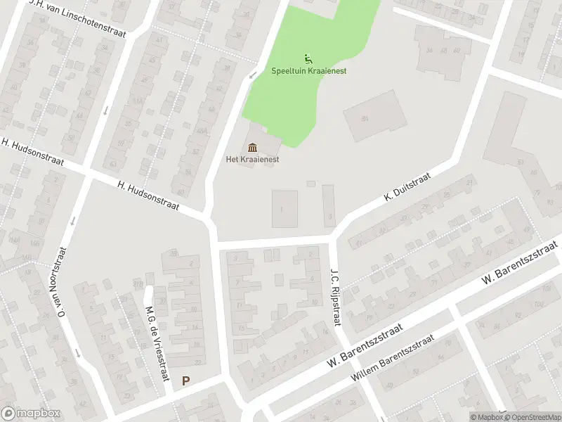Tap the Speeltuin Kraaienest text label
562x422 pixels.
[x=309, y=71]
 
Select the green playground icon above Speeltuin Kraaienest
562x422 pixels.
[x=308, y=58]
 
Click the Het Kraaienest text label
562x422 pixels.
[x=253, y=160]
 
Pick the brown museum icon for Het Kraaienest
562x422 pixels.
[x=253, y=147]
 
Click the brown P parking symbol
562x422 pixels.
[x=185, y=381]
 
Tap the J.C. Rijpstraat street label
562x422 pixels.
[x=336, y=293]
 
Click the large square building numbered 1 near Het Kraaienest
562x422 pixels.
[x=284, y=209]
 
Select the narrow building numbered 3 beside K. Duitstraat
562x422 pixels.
[x=329, y=205]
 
